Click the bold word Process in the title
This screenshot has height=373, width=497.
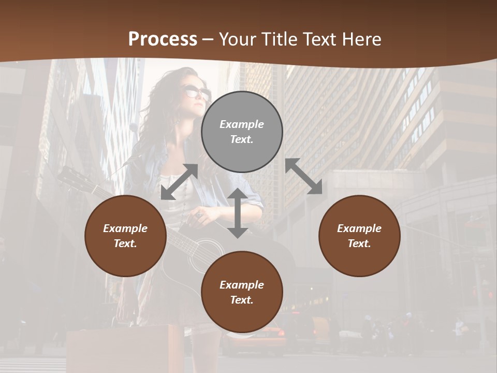[x=163, y=39]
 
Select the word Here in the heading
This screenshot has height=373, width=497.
[x=359, y=39]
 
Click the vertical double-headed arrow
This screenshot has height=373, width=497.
[x=237, y=213]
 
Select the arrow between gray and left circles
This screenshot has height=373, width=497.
[x=179, y=182]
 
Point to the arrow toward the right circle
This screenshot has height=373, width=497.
[x=303, y=176]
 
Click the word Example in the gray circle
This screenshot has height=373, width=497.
[x=242, y=124]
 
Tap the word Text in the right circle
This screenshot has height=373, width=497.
[x=359, y=243]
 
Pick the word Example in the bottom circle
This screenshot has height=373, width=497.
[x=242, y=285]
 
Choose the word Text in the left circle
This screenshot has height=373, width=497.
[x=125, y=243]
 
